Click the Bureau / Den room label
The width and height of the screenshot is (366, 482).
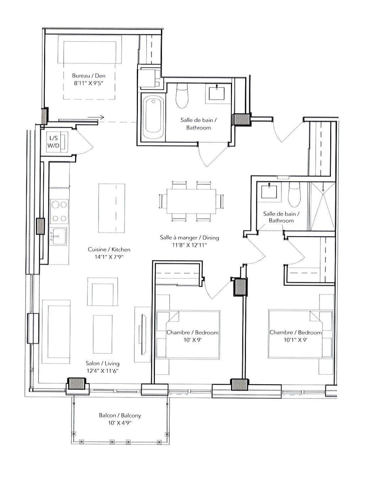(88, 76)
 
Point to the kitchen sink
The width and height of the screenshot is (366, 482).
(58, 236)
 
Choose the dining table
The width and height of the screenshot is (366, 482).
(191, 201)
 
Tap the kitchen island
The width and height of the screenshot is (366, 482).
(112, 208)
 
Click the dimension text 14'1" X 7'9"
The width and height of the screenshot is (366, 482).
(109, 257)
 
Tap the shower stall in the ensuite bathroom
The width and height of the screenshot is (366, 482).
(323, 206)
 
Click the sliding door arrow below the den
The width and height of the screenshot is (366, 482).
(96, 117)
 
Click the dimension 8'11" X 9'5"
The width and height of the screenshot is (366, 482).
(88, 84)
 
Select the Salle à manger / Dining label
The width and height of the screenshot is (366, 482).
(189, 237)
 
